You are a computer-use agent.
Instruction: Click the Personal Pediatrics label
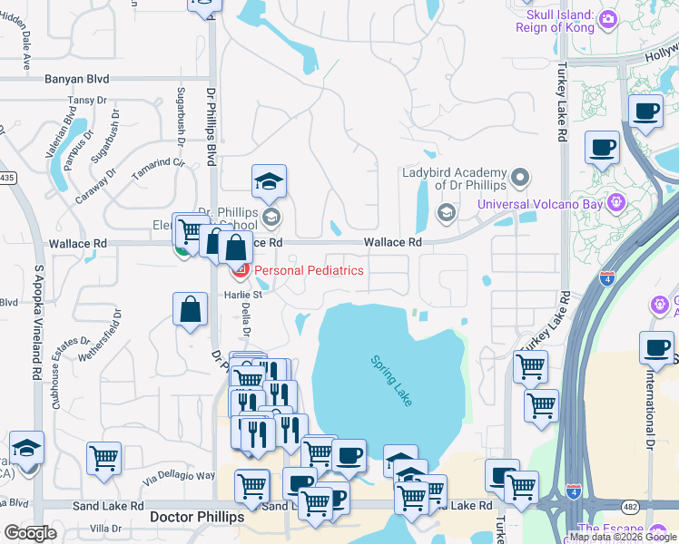pos(309,270)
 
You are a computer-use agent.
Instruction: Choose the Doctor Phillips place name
pos(196,516)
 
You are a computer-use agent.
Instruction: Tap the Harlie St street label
pos(243,294)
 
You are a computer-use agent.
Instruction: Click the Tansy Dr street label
pos(81,100)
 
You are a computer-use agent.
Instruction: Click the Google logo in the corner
pos(29,533)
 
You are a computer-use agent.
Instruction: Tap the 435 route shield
pos(7,176)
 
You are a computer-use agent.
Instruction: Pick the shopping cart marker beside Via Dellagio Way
pos(103,457)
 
